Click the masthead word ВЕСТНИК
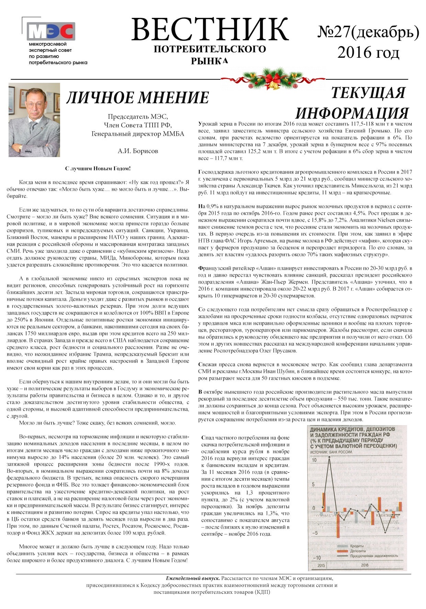210,30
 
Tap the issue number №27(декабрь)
368,32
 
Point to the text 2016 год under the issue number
368,52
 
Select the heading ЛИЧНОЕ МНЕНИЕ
137,98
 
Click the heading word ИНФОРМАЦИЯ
352,113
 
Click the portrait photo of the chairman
34,120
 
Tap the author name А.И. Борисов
138,151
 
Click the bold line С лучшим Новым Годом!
98,169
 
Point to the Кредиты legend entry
357,546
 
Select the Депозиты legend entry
358,551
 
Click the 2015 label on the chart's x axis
322,565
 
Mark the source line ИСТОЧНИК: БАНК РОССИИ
332,452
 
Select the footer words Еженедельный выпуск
193,578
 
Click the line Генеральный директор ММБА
138,134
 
